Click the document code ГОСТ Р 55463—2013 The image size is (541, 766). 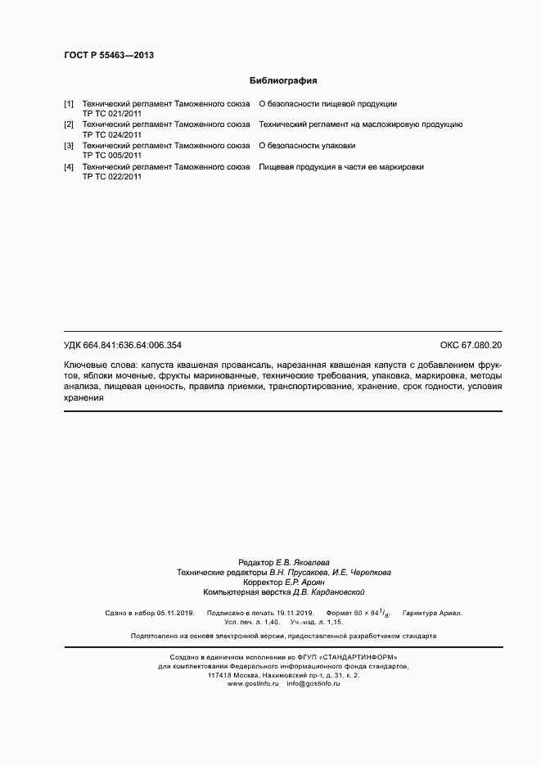click(x=108, y=55)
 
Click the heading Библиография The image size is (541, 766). click(x=282, y=81)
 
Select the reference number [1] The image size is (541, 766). click(x=69, y=104)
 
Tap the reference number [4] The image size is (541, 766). click(x=69, y=166)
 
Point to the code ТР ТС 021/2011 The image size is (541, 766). click(x=112, y=114)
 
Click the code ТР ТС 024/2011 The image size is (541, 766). click(x=112, y=134)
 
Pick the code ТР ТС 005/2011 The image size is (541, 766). click(x=112, y=155)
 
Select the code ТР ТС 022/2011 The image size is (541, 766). click(x=112, y=176)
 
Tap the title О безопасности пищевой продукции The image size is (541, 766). click(x=328, y=104)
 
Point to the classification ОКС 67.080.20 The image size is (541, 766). click(x=471, y=346)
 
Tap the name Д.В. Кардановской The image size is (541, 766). click(x=324, y=591)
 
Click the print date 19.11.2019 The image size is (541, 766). click(x=294, y=612)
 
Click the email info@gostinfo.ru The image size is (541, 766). click(x=313, y=683)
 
